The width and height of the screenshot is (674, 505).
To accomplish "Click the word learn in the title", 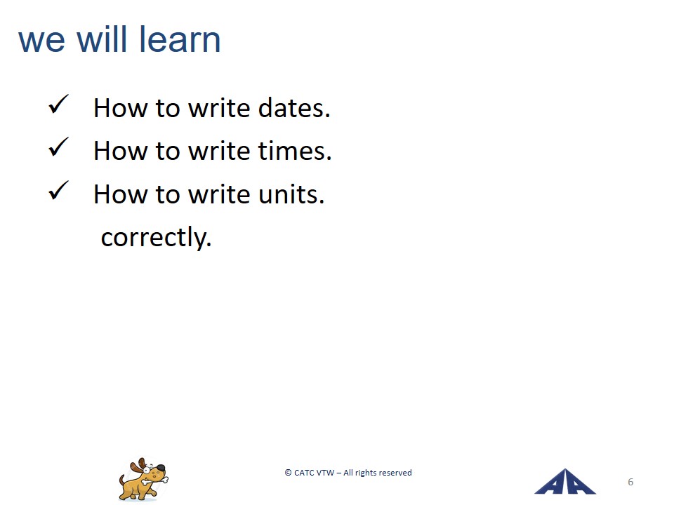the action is [180, 39].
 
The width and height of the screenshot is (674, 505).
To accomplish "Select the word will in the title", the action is [102, 39].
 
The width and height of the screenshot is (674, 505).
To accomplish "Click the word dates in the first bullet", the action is [294, 107].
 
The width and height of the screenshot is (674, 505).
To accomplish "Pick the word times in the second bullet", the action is [295, 151].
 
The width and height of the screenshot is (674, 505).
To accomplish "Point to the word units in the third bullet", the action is [291, 194].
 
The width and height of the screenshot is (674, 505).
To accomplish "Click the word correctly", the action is [157, 238].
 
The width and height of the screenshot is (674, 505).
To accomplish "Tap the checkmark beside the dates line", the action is [58, 105].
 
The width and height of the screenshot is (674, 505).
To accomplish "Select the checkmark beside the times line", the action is [58, 147].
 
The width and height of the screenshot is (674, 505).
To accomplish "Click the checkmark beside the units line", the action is [58, 190].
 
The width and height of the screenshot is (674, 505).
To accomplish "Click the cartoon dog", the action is [143, 480].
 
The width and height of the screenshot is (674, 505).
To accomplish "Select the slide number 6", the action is [630, 482].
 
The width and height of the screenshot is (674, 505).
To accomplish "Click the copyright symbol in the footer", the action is [288, 473].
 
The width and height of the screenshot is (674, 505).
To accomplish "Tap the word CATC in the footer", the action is [305, 473].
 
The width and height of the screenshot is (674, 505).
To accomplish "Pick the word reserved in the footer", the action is [395, 473].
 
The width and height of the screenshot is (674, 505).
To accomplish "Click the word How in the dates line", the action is [120, 107].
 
